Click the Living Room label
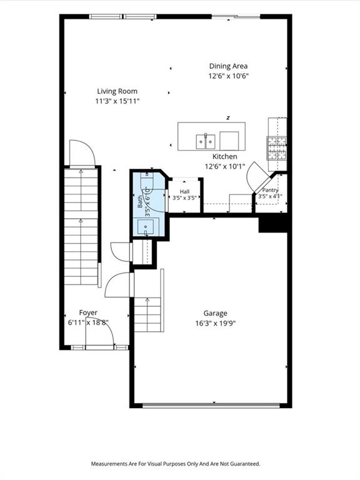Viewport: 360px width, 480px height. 117,91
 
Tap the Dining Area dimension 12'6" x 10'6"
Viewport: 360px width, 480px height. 228,76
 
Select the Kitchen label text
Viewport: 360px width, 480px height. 225,156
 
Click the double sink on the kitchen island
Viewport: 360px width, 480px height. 206,141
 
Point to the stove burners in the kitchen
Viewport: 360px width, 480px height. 277,148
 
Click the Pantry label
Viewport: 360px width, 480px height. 270,190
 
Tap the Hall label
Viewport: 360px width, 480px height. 184,192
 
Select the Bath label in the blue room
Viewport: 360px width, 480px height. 140,202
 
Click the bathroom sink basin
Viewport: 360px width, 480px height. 146,227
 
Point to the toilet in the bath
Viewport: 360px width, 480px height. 147,182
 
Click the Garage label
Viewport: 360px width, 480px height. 216,314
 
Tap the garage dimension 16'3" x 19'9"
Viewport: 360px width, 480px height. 216,323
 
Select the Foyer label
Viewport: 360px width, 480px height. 88,312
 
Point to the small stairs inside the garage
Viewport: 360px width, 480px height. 147,314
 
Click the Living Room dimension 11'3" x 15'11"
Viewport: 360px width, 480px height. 117,101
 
